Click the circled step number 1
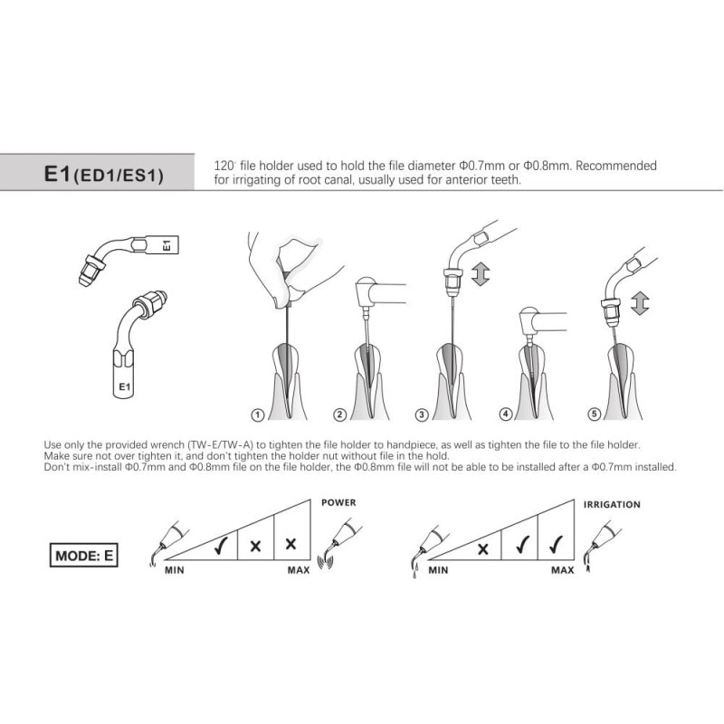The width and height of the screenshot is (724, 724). (258, 415)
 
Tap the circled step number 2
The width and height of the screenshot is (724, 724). (339, 414)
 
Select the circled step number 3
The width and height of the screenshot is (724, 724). (421, 414)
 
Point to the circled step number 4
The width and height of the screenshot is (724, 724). (506, 414)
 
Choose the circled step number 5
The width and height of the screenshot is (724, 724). (595, 414)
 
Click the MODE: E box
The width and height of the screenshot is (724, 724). (83, 555)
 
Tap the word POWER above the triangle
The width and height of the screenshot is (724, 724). (338, 502)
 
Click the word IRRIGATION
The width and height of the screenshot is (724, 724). (612, 505)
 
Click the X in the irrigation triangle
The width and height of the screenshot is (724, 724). (483, 549)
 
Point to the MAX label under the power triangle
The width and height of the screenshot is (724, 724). (299, 570)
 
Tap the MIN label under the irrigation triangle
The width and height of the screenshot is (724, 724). (438, 570)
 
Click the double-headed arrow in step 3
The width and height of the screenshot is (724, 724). (481, 273)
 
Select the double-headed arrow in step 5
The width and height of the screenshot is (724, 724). (640, 303)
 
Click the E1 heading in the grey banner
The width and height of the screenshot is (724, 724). (57, 174)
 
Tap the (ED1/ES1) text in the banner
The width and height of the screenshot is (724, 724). (119, 176)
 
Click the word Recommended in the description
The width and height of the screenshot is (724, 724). (616, 166)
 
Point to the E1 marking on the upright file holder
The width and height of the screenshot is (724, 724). (124, 386)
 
